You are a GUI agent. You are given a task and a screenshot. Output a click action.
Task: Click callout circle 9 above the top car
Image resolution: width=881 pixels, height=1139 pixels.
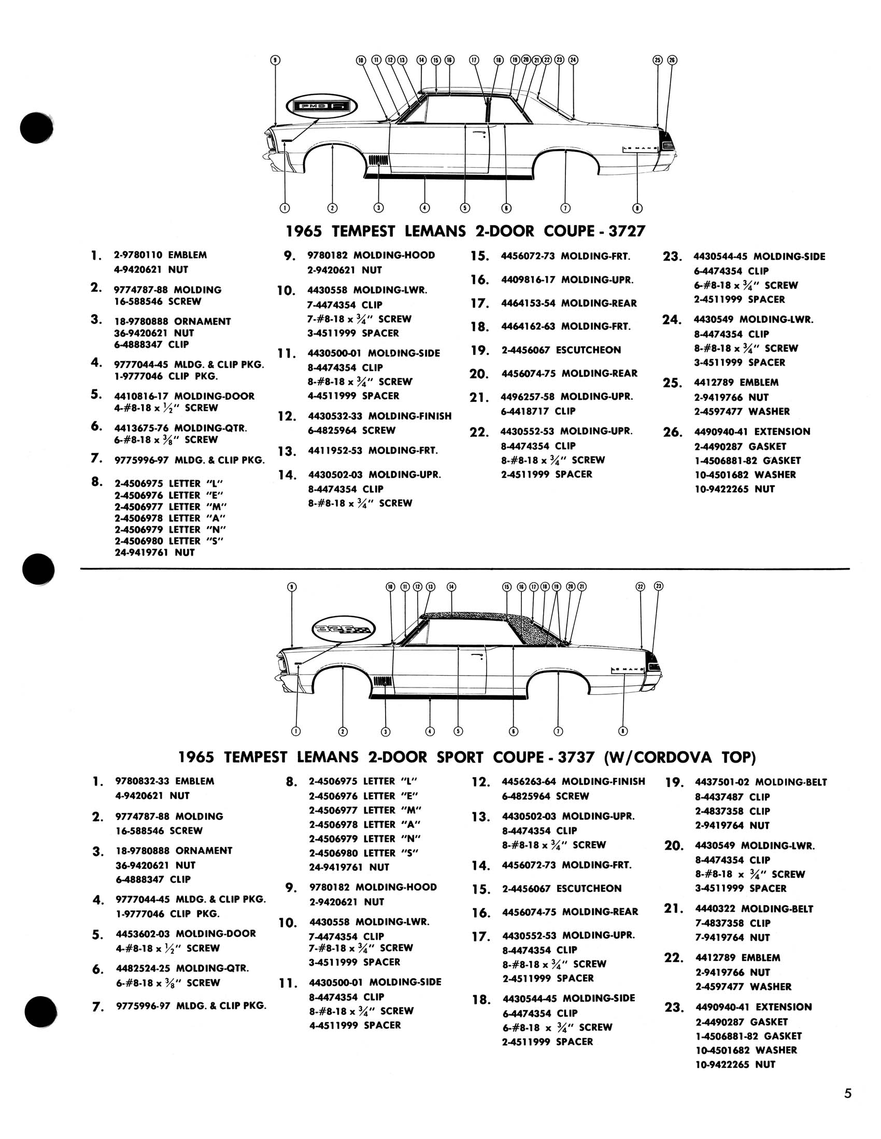point(275,60)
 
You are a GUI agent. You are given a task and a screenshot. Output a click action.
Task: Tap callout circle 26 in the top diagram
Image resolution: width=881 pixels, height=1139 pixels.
point(672,60)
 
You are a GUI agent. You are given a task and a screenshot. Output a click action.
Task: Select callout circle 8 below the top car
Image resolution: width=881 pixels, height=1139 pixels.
point(637,208)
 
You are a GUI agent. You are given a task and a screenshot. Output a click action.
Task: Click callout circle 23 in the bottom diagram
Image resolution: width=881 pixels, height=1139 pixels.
point(659,586)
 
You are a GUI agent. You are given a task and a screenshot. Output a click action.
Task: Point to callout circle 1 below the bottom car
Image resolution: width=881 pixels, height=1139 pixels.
point(296,731)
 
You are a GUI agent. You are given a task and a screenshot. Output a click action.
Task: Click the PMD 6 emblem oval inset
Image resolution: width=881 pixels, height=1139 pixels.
point(321,106)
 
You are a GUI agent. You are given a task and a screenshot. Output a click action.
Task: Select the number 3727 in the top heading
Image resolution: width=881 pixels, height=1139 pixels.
point(627,231)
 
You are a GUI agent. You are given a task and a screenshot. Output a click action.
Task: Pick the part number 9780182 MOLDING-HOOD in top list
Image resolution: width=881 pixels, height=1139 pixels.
point(371,256)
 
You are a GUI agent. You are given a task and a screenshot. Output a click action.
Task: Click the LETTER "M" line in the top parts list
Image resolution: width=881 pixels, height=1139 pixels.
point(171,507)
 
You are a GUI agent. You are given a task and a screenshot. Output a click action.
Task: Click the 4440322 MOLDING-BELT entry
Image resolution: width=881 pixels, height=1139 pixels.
point(754,909)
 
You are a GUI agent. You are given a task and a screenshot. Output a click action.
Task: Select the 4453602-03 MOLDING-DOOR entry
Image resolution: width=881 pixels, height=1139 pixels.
point(186,933)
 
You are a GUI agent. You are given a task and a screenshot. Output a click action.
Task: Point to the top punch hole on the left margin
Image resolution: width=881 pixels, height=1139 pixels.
point(36,127)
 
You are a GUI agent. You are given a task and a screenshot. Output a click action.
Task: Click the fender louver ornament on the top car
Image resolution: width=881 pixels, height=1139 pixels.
point(377,159)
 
